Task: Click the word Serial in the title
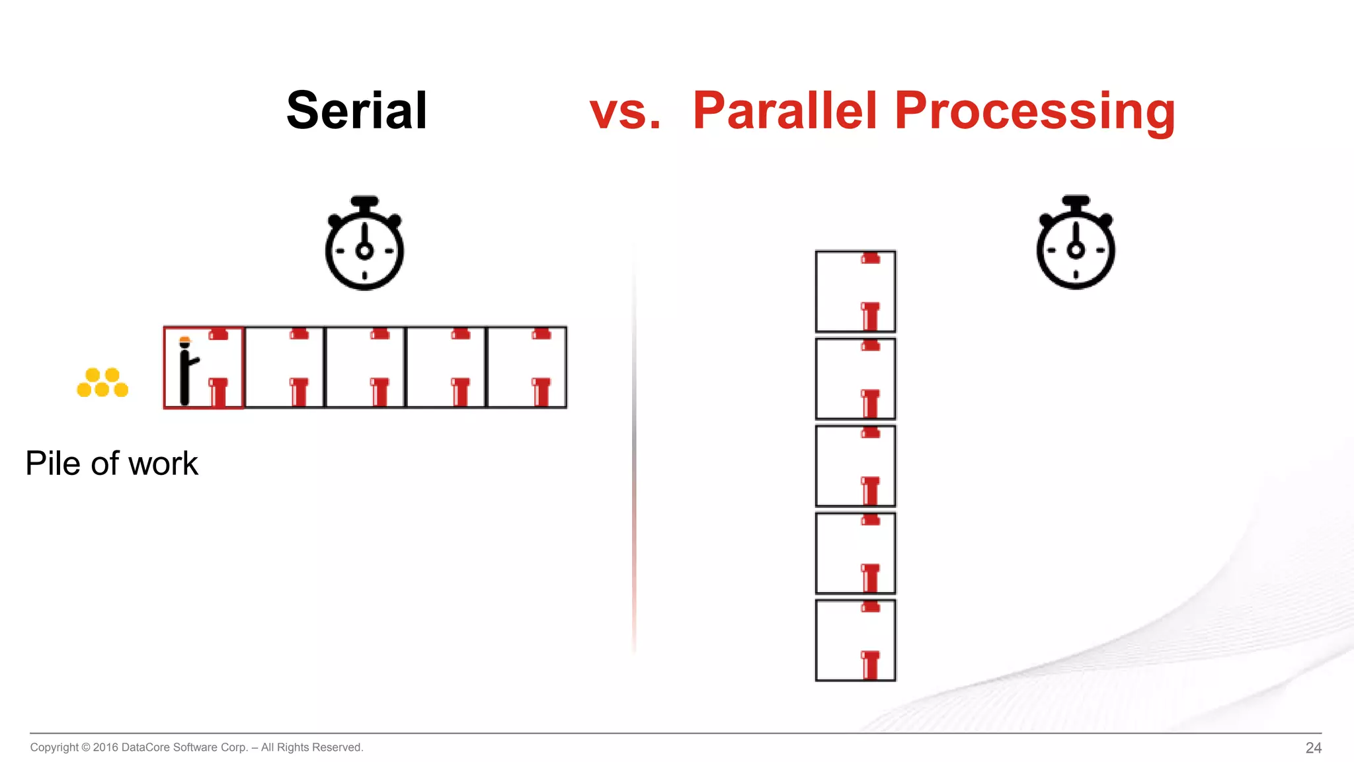(x=356, y=110)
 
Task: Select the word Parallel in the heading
(x=785, y=110)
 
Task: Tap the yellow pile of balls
(x=102, y=383)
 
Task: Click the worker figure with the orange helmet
(x=186, y=371)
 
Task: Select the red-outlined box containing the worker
(x=204, y=368)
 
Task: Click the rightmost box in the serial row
(x=527, y=368)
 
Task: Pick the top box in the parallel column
(x=856, y=291)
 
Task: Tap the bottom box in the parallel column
(x=856, y=640)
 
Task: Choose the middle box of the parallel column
(x=856, y=466)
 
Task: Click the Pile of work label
(x=112, y=463)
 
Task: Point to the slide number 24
(x=1313, y=748)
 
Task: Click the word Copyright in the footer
(x=54, y=747)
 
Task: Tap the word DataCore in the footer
(x=145, y=747)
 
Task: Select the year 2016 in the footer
(x=105, y=747)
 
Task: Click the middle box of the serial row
(x=365, y=368)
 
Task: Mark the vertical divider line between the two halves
(x=634, y=450)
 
